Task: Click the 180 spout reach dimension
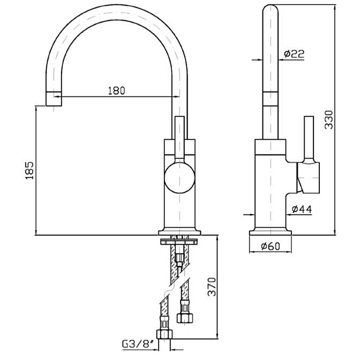pos(116,90)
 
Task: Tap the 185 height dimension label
pos(29,170)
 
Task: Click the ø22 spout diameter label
pos(294,53)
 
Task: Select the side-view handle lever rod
pos(308,137)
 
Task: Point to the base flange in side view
pos(272,232)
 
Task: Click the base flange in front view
pos(180,232)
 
